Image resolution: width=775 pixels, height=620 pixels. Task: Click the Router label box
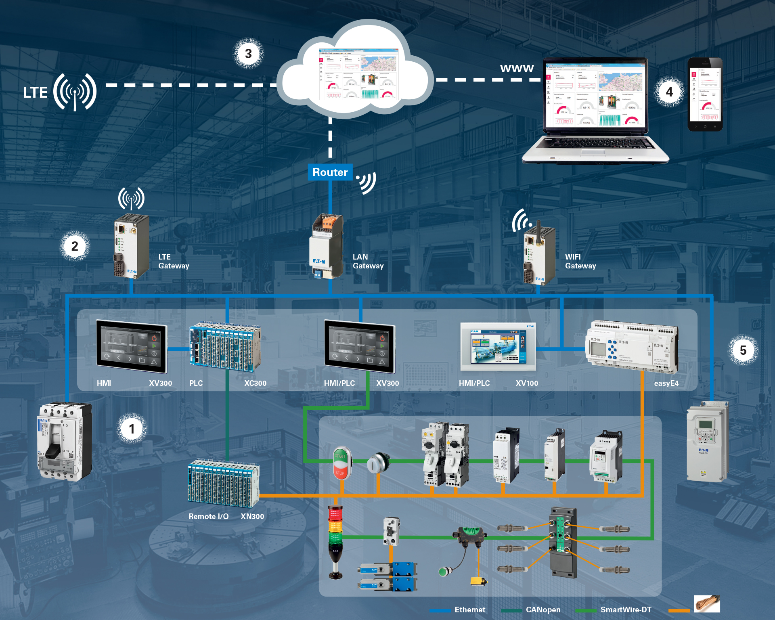[x=330, y=172]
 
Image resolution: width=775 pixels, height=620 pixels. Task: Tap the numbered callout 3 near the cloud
[x=248, y=54]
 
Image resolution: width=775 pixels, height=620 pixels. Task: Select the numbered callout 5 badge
[x=743, y=350]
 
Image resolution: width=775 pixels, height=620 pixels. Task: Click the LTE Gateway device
[x=131, y=246]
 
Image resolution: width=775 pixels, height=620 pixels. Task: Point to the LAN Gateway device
[x=327, y=246]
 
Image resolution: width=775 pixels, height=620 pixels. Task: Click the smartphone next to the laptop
[x=705, y=94]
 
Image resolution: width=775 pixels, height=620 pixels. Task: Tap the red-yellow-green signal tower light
[x=335, y=537]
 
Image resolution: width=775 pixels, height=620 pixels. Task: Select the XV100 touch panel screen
[x=498, y=346]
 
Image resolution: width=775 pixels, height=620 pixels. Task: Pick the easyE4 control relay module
[x=632, y=346]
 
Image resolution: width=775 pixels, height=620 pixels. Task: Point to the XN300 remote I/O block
[x=223, y=484]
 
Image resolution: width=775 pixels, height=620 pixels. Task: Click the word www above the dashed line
[x=517, y=68]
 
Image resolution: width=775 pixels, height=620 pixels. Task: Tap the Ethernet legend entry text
[x=470, y=610]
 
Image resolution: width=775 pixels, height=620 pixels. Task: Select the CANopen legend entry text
[x=543, y=610]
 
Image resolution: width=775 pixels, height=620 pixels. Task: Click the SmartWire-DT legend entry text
[x=626, y=610]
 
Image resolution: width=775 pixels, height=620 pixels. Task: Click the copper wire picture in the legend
[x=707, y=604]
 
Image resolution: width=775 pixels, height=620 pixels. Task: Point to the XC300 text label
[x=255, y=383]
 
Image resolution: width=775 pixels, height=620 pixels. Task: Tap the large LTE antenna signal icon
[x=75, y=92]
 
